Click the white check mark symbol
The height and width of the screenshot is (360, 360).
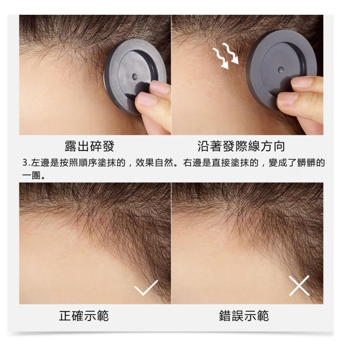tap(146, 287)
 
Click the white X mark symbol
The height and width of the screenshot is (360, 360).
tap(299, 285)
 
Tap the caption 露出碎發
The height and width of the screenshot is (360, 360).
tap(89, 146)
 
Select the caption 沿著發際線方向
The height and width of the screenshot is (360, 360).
tap(241, 146)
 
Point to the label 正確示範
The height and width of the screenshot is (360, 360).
tap(84, 316)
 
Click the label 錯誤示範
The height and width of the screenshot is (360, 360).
tap(244, 316)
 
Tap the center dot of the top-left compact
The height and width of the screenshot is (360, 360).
tap(134, 76)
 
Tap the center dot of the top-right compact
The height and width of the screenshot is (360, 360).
tap(281, 69)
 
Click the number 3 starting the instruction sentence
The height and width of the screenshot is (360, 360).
tap(25, 163)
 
